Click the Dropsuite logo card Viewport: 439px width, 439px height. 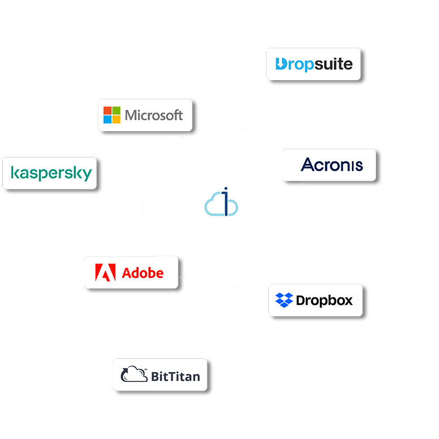[x=313, y=64]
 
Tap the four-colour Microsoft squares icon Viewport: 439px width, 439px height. [x=112, y=115]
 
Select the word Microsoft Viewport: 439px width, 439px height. [x=154, y=115]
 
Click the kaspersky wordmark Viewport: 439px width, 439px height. [x=51, y=173]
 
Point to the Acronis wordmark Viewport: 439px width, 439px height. [x=332, y=165]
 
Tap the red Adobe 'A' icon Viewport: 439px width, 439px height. [x=105, y=272]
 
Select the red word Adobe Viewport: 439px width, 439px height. [x=143, y=272]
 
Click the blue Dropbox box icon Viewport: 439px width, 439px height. [x=284, y=300]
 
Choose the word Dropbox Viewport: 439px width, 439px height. [x=324, y=300]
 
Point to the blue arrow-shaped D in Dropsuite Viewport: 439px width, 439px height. [x=281, y=64]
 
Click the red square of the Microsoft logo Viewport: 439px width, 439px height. [x=108, y=111]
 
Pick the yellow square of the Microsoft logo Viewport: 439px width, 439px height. [x=116, y=119]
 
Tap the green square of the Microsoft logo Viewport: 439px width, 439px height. [x=116, y=111]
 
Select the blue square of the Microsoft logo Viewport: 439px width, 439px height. [x=108, y=119]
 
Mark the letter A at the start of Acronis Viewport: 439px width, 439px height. [x=308, y=165]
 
